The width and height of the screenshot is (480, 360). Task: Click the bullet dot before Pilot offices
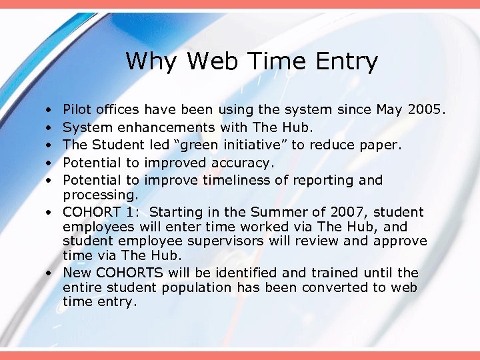tap(50, 109)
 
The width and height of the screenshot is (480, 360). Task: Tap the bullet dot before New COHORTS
tap(50, 273)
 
